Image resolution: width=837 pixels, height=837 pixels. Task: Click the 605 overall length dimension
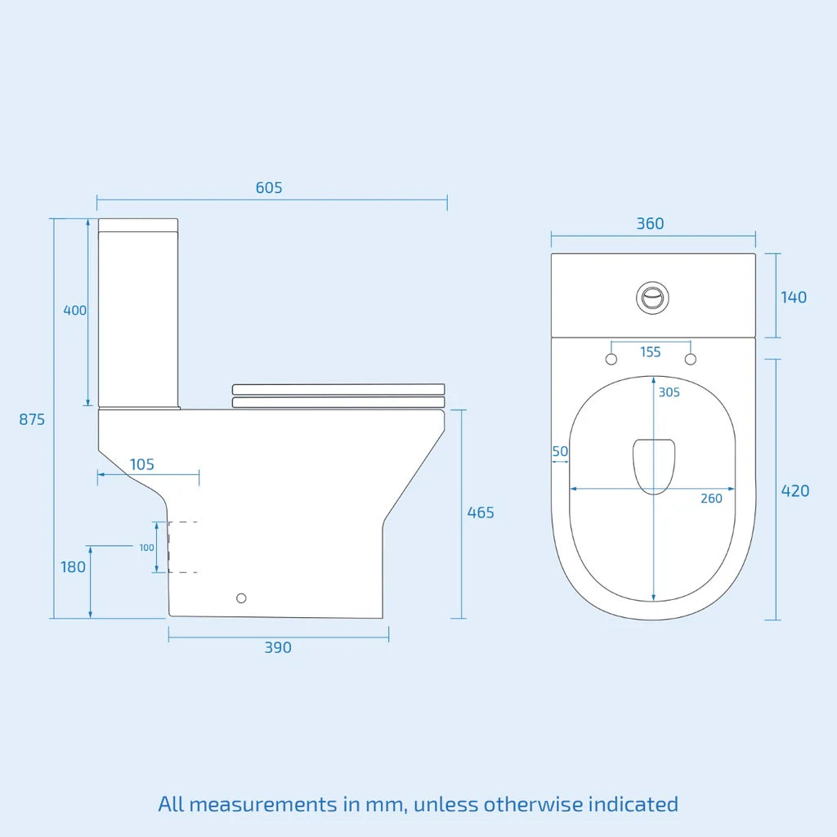click(x=269, y=188)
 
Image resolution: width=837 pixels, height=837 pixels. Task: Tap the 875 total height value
click(x=33, y=419)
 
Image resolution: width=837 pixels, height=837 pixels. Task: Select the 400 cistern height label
click(x=75, y=311)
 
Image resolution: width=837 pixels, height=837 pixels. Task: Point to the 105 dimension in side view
click(x=142, y=464)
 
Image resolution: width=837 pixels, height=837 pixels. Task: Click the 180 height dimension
click(x=73, y=566)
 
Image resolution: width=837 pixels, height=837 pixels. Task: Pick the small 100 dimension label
click(x=146, y=548)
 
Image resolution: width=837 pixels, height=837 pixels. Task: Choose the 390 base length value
click(x=278, y=647)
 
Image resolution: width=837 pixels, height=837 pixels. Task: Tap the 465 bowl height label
click(x=481, y=512)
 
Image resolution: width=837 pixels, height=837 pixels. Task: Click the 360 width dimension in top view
click(x=650, y=224)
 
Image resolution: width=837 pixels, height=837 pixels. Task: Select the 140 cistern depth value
click(x=793, y=297)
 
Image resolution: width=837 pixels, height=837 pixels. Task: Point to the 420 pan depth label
click(x=795, y=490)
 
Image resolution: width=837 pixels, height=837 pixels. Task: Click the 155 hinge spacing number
click(x=651, y=352)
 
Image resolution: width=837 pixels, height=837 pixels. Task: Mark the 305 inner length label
click(x=669, y=392)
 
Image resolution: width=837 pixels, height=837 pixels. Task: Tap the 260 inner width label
click(x=711, y=499)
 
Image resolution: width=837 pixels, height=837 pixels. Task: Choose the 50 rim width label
click(x=560, y=451)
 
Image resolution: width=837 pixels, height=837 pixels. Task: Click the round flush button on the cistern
click(x=652, y=297)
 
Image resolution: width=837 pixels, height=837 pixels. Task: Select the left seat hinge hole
click(x=611, y=360)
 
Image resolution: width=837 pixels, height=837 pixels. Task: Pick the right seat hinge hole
click(x=691, y=360)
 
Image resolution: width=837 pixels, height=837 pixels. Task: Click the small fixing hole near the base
click(x=241, y=598)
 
